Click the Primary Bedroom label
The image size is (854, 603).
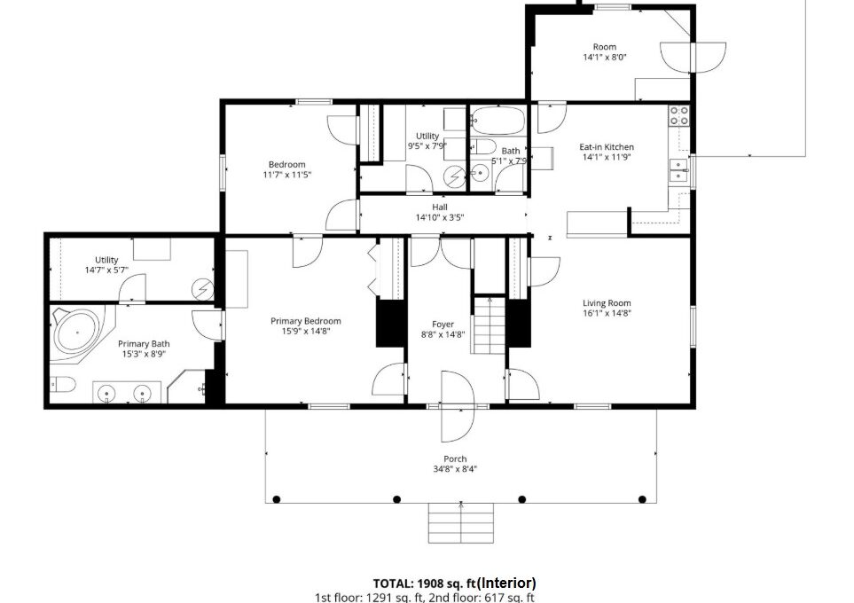pyautogui.click(x=306, y=321)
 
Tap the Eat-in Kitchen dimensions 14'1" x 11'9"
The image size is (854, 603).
pyautogui.click(x=607, y=157)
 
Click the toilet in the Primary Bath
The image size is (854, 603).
pyautogui.click(x=63, y=385)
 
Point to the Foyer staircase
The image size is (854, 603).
pyautogui.click(x=490, y=325)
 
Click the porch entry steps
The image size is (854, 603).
pyautogui.click(x=461, y=523)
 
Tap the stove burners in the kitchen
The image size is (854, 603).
pyautogui.click(x=679, y=115)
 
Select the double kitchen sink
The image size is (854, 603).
pyautogui.click(x=678, y=170)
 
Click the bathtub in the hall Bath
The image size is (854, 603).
pyautogui.click(x=498, y=120)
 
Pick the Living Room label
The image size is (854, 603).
pyautogui.click(x=607, y=303)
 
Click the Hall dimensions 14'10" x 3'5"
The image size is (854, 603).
pyautogui.click(x=440, y=217)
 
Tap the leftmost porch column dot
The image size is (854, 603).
pyautogui.click(x=276, y=499)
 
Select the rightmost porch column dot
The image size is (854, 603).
pyautogui.click(x=642, y=499)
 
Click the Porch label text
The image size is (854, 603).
pyautogui.click(x=455, y=458)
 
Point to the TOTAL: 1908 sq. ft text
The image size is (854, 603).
pyautogui.click(x=424, y=584)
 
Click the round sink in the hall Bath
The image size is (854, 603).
pyautogui.click(x=481, y=174)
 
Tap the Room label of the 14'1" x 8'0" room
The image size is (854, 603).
pyautogui.click(x=605, y=47)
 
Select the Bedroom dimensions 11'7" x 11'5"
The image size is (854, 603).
pyautogui.click(x=287, y=175)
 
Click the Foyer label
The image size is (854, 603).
pyautogui.click(x=443, y=324)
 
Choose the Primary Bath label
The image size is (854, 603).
pyautogui.click(x=144, y=344)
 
